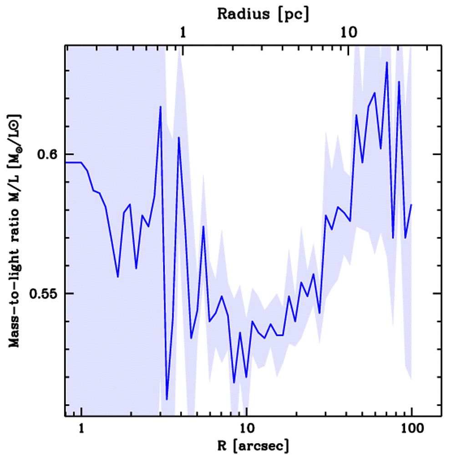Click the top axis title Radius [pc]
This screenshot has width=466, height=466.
point(263,14)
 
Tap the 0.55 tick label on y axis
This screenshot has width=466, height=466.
point(42,294)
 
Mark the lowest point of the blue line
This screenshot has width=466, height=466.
point(167,399)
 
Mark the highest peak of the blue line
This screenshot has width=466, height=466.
point(387,62)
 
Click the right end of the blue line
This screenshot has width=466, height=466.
point(411,205)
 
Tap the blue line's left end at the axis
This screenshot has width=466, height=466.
point(66,162)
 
